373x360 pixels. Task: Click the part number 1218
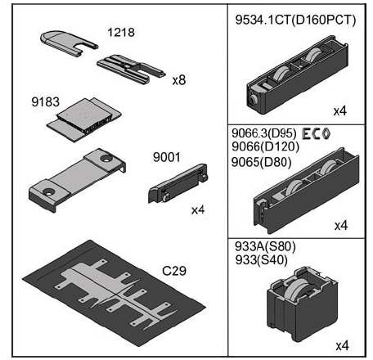click(121, 32)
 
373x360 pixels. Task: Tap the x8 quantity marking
click(179, 80)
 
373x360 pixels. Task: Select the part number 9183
click(45, 101)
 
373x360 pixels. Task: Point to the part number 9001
click(166, 157)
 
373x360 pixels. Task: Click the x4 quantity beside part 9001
click(198, 209)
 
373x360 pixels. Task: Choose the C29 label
click(174, 271)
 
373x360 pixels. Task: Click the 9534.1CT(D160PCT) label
click(295, 20)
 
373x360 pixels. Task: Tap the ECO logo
click(317, 133)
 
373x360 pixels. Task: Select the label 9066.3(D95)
click(264, 133)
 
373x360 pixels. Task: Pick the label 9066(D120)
click(265, 146)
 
